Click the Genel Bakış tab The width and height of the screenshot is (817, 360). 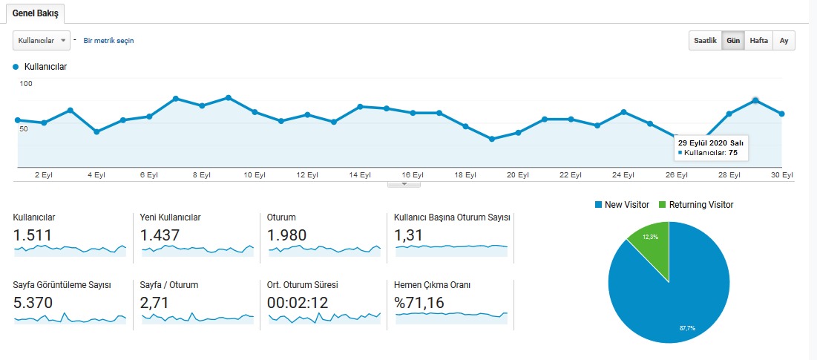pyautogui.click(x=36, y=13)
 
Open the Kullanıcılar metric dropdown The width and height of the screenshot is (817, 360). pyautogui.click(x=42, y=40)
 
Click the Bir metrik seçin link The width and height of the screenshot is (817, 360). pyautogui.click(x=108, y=40)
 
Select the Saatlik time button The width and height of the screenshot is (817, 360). pyautogui.click(x=704, y=41)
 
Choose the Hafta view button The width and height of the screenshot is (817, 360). pyautogui.click(x=758, y=41)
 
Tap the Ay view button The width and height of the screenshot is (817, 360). pyautogui.click(x=784, y=41)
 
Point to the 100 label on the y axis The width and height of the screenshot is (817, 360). pyautogui.click(x=26, y=84)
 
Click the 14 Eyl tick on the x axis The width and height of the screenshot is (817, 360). pyautogui.click(x=360, y=175)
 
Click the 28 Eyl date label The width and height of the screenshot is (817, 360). pyautogui.click(x=729, y=175)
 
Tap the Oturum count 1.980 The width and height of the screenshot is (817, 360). pyautogui.click(x=287, y=235)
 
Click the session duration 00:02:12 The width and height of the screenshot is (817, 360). pyautogui.click(x=297, y=303)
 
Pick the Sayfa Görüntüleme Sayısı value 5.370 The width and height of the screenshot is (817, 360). pyautogui.click(x=36, y=303)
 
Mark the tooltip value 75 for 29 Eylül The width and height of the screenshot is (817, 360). pyautogui.click(x=732, y=152)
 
